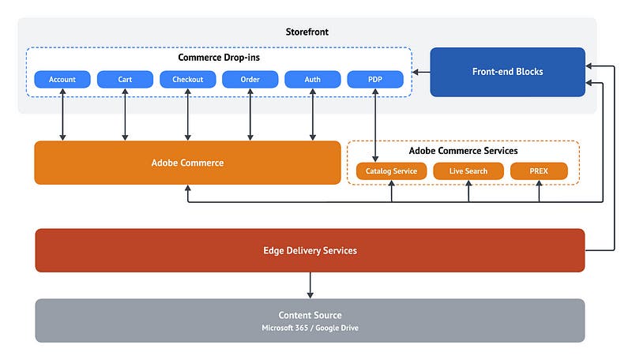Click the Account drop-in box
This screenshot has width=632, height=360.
[62, 80]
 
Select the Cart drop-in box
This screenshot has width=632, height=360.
[125, 80]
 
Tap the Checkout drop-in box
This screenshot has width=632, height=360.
[187, 80]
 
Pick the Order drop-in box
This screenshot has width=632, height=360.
[250, 80]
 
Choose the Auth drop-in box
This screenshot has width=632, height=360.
[313, 80]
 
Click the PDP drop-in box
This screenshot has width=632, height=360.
[374, 80]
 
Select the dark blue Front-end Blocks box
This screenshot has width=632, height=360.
[507, 72]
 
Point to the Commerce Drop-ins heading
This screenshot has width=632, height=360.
[219, 58]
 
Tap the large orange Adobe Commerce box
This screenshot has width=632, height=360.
[187, 163]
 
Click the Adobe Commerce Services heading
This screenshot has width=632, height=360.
[463, 150]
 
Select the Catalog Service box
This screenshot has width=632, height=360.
[392, 171]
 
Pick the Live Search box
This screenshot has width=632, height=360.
[468, 171]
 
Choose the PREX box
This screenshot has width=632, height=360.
[539, 171]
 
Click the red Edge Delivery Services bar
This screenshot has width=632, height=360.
[310, 250]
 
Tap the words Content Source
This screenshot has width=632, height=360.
[310, 315]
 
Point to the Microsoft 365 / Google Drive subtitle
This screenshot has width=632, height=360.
[310, 328]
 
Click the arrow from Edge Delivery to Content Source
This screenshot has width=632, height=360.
[310, 284]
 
